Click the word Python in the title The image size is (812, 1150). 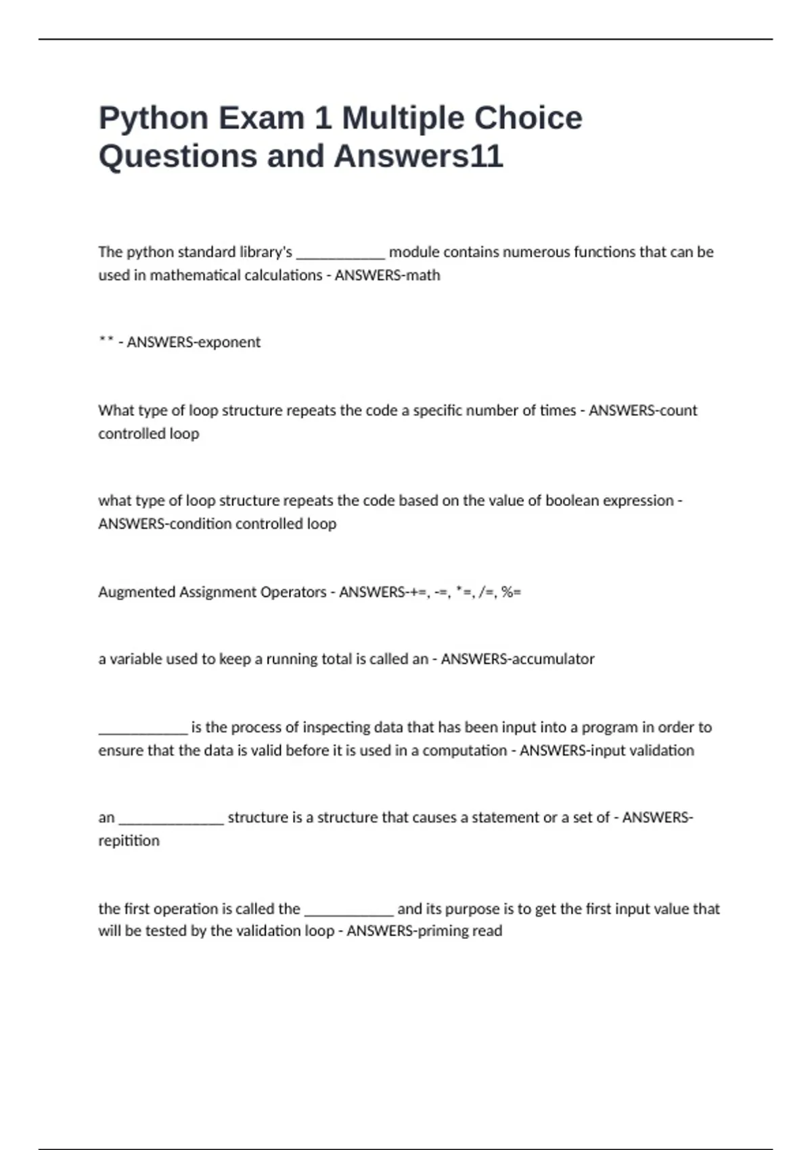coord(154,118)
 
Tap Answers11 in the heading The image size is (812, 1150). coord(419,156)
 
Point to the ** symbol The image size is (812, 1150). coord(106,342)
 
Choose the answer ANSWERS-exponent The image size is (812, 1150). coord(194,342)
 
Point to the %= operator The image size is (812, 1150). coord(512,593)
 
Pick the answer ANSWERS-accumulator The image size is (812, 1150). coord(518,659)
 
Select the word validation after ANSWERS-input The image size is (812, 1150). coord(662,750)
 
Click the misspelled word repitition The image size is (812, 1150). coord(129,841)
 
